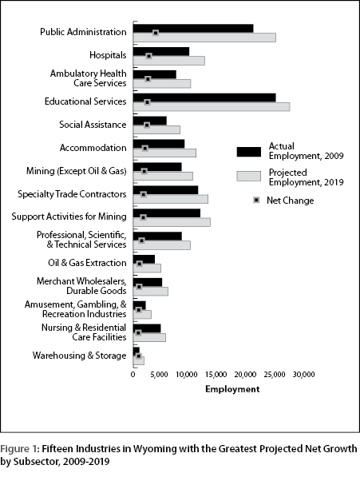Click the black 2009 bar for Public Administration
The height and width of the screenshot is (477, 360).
[x=193, y=28]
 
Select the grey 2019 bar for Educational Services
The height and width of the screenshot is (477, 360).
[x=212, y=107]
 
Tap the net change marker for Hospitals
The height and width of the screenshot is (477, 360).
[x=148, y=56]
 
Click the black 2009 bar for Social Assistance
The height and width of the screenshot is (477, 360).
[x=150, y=121]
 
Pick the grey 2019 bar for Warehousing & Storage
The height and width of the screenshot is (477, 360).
[x=139, y=361]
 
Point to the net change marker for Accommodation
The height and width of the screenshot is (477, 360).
[x=145, y=148]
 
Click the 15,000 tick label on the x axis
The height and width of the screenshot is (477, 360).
[x=216, y=375]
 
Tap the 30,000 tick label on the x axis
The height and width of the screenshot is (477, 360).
[x=304, y=375]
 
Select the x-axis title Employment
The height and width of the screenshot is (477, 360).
[x=232, y=389]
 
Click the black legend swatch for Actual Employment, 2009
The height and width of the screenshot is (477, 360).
[x=249, y=152]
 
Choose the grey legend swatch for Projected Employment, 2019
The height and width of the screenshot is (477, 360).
[x=249, y=176]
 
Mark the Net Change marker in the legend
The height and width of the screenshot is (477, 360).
[x=257, y=200]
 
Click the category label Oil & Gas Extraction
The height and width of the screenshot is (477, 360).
[x=87, y=263]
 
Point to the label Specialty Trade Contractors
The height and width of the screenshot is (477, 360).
[x=72, y=194]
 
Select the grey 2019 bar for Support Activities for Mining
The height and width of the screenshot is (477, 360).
[x=172, y=222]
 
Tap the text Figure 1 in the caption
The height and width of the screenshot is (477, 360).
[x=19, y=449]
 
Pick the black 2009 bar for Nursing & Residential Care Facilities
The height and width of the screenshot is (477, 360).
[x=147, y=328]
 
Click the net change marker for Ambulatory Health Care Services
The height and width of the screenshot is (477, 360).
[x=148, y=79]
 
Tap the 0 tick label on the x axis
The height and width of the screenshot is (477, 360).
[x=133, y=375]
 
